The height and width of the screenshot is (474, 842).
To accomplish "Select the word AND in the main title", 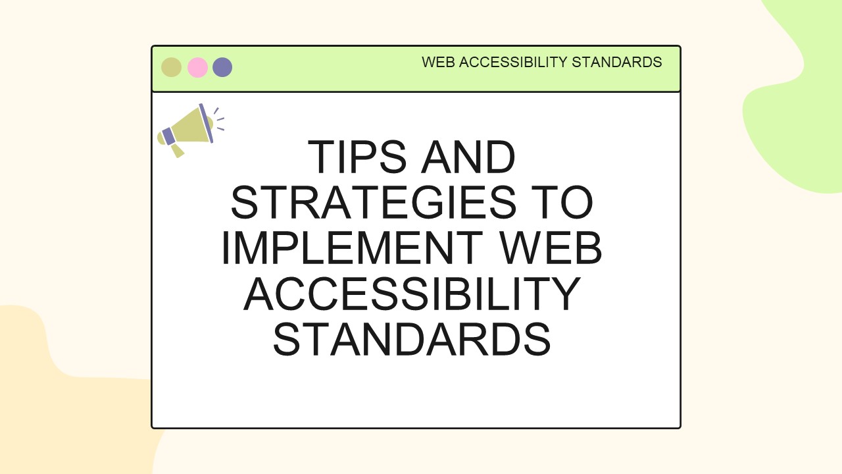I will [468, 158].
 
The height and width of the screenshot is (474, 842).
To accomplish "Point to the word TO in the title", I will [566, 203].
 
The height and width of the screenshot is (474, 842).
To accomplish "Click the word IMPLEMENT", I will [352, 249].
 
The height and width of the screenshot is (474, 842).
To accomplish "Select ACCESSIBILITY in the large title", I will [412, 294].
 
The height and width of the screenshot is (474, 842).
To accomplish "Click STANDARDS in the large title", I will [412, 340].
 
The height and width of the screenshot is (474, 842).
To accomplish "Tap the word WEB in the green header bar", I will [438, 63].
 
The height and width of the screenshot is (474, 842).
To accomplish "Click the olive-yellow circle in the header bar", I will [171, 67].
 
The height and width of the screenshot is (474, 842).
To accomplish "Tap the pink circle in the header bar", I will [197, 67].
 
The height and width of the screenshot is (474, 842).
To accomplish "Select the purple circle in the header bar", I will [222, 67].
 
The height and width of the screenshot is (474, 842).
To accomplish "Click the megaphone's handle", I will [177, 151].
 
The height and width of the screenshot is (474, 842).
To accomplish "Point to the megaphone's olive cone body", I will [190, 126].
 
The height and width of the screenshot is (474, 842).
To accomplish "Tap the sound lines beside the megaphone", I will [219, 119].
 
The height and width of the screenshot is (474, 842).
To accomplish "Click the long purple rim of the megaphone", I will [206, 122].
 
